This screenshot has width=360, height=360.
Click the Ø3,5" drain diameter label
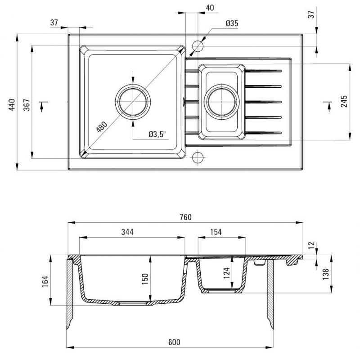[x=157, y=134]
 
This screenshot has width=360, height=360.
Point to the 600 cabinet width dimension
[x=174, y=342]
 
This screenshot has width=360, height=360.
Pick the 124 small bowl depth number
[x=227, y=273]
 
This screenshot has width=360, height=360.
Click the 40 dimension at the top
[x=209, y=8]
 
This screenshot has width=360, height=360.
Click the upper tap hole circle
[x=198, y=46]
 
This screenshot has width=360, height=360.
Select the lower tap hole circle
[x=198, y=157]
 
